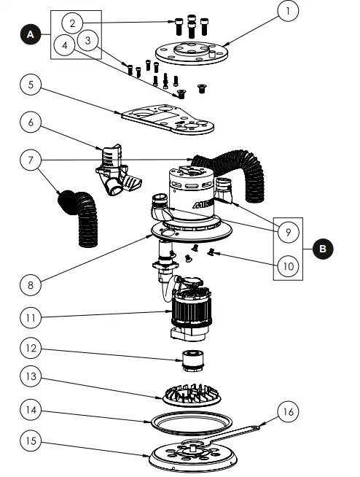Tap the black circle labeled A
pos(31,34)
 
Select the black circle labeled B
pos(321,249)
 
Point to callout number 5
pos(29,85)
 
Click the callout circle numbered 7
pos(29,160)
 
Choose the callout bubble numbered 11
pos(30,318)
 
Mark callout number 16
pos(286,412)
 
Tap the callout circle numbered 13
pos(30,377)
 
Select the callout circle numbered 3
pos(87,39)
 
